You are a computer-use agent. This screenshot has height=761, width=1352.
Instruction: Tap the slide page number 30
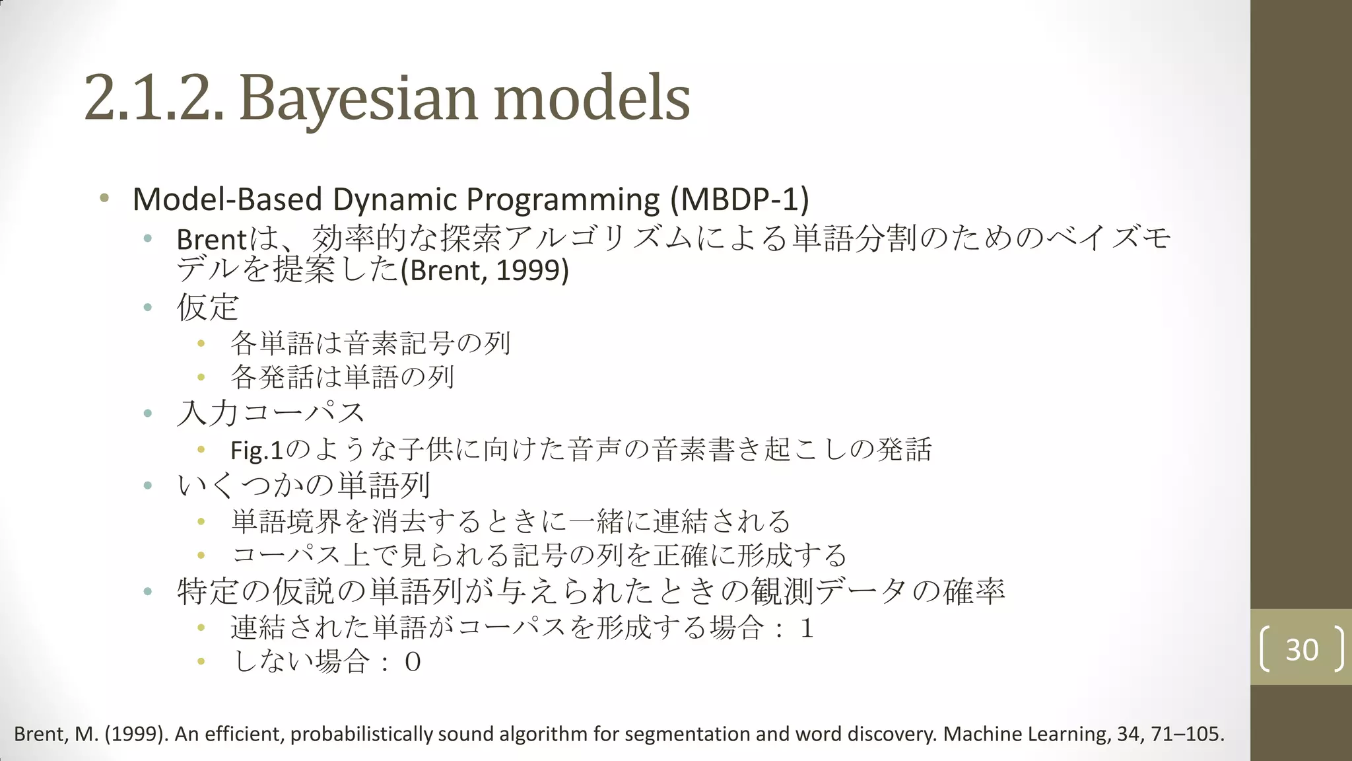point(1302,649)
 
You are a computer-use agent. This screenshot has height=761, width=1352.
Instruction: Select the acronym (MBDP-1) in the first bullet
point(739,199)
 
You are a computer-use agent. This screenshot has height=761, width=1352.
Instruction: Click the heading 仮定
point(207,307)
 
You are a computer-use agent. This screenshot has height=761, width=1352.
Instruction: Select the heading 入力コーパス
point(271,414)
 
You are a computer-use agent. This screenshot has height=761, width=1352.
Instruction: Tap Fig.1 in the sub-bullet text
point(256,451)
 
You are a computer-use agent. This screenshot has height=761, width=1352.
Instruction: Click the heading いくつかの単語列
point(304,486)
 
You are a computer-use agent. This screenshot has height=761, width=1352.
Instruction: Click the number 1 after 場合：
point(806,628)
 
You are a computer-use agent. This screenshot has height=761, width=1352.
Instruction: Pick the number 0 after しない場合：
point(413,662)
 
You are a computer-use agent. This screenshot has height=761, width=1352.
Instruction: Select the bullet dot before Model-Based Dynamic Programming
point(104,198)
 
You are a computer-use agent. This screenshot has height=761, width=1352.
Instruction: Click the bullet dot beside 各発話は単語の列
point(201,377)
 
